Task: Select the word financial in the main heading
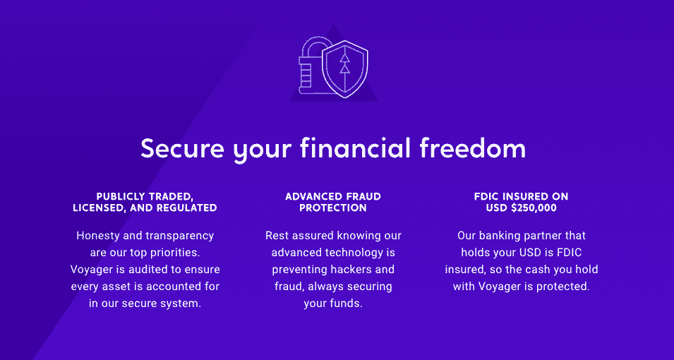point(354,148)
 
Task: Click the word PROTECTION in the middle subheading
point(333,208)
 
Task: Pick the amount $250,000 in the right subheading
point(534,208)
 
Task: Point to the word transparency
point(179,236)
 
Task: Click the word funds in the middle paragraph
point(346,303)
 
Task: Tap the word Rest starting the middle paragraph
point(277,236)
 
